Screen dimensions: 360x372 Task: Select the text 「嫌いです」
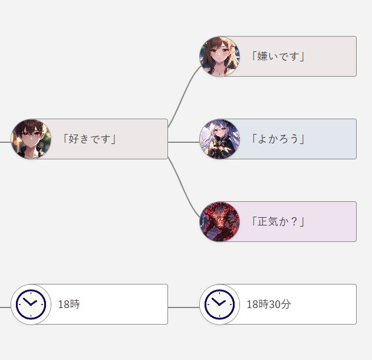pyautogui.click(x=278, y=57)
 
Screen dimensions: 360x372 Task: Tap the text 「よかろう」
pyautogui.click(x=278, y=139)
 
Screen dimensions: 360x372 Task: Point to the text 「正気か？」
pyautogui.click(x=278, y=222)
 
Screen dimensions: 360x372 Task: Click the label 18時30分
pyautogui.click(x=269, y=305)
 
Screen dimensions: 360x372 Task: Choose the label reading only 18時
pyautogui.click(x=69, y=305)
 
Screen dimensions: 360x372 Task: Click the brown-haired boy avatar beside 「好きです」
pyautogui.click(x=31, y=139)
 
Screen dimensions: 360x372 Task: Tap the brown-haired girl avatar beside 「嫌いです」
pyautogui.click(x=219, y=57)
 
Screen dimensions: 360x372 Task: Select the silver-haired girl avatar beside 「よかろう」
pyautogui.click(x=219, y=139)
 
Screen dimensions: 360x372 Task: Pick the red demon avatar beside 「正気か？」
pyautogui.click(x=219, y=222)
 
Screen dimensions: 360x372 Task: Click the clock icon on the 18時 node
pyautogui.click(x=31, y=305)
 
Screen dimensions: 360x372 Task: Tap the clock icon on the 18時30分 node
pyautogui.click(x=219, y=305)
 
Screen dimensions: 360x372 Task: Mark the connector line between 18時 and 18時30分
pyautogui.click(x=183, y=307)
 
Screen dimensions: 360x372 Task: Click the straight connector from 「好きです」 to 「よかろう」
pyautogui.click(x=183, y=142)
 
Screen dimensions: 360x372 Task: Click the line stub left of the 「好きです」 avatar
pyautogui.click(x=5, y=142)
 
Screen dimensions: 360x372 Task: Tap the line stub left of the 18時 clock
pyautogui.click(x=5, y=307)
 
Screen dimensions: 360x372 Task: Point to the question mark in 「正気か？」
pyautogui.click(x=293, y=222)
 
